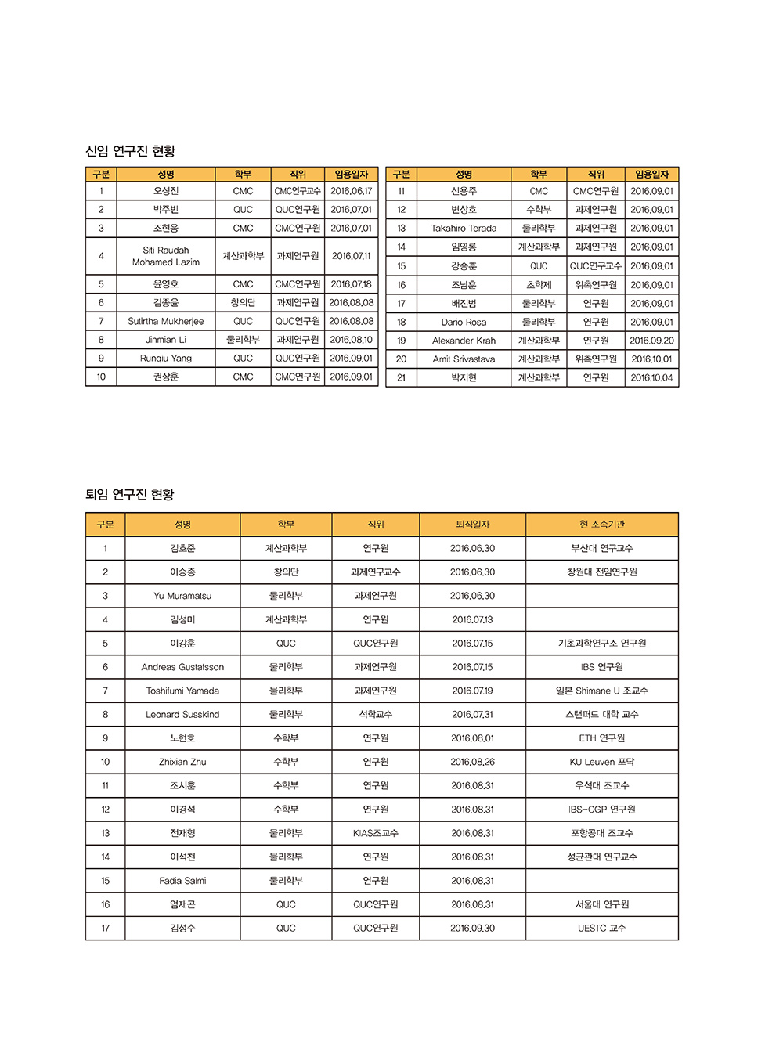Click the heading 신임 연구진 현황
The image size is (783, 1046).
pos(130,151)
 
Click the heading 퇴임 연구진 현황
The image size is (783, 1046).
pos(130,494)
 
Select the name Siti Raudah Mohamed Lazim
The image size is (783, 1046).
pos(165,256)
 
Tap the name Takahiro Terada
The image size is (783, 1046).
pos(464,229)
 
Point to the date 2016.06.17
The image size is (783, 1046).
pos(351,191)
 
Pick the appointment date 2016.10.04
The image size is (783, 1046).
pos(651,377)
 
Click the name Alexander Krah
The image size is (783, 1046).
pos(464,341)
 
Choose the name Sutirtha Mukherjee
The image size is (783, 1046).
pos(165,321)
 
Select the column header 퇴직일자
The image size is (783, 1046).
pos(472,525)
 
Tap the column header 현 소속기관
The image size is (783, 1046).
pos(601,525)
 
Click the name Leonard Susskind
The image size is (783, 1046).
pos(182,715)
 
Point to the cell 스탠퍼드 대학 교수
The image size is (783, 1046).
pos(601,715)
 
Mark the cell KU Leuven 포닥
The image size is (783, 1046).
pos(601,762)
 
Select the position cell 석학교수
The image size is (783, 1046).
pos(375,715)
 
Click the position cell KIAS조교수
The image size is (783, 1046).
pos(375,833)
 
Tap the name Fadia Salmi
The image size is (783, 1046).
pos(182,881)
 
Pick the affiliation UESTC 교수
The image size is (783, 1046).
pos(601,929)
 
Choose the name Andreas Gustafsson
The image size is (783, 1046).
pos(182,667)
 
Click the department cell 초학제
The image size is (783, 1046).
pos(539,285)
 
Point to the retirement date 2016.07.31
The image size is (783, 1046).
pos(472,715)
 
